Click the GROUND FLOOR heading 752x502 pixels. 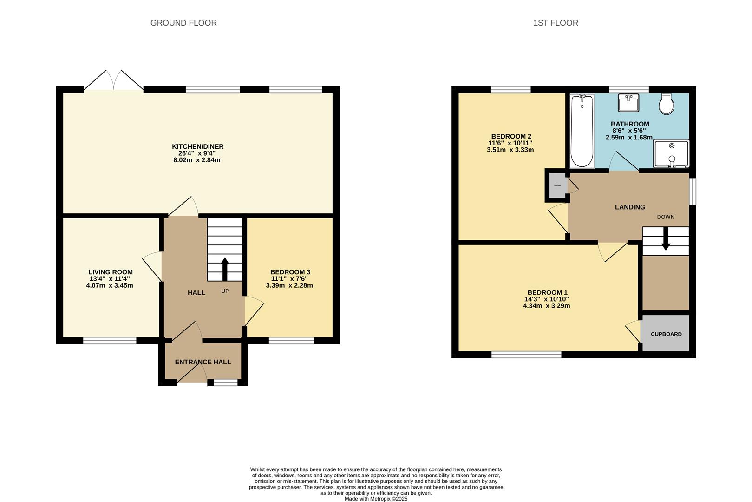[x=183, y=23]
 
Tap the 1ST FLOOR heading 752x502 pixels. [x=556, y=23]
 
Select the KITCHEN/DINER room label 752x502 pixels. [x=198, y=147]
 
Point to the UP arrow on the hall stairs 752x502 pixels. [x=225, y=269]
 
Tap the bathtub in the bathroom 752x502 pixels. [x=582, y=131]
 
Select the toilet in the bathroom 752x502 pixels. [x=667, y=104]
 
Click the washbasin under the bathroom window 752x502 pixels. [x=628, y=102]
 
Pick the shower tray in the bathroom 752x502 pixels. [x=671, y=154]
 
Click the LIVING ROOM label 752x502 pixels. [x=111, y=272]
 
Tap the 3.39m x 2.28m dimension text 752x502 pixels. [x=289, y=285]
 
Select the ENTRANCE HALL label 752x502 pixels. [x=203, y=362]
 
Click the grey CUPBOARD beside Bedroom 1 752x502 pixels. [x=666, y=334]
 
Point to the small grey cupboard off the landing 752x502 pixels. [x=556, y=185]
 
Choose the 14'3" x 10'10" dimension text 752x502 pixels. [x=546, y=299]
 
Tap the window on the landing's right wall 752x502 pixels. [x=693, y=191]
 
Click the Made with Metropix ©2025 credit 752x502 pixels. [x=376, y=499]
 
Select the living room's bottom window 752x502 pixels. [x=110, y=341]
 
